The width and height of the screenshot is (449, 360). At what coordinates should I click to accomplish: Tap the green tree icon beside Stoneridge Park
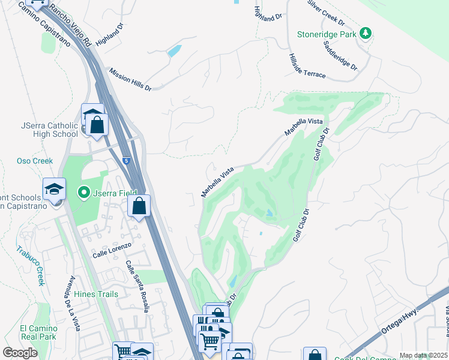[365, 34]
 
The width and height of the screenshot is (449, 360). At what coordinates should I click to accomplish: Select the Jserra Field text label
[112, 193]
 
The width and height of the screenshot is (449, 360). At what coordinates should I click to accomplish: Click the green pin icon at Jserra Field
[85, 193]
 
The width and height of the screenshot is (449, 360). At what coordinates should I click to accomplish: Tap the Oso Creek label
[35, 161]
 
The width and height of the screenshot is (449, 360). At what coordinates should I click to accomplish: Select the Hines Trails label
[96, 294]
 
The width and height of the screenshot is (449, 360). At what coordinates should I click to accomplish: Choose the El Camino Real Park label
[38, 332]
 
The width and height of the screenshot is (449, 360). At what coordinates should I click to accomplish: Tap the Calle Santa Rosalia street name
[137, 286]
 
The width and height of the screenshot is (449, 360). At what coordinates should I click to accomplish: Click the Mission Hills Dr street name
[130, 79]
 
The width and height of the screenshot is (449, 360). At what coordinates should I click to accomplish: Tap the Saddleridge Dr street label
[340, 56]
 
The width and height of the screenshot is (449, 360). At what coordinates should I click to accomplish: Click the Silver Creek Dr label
[326, 12]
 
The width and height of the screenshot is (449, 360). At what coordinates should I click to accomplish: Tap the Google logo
[20, 352]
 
